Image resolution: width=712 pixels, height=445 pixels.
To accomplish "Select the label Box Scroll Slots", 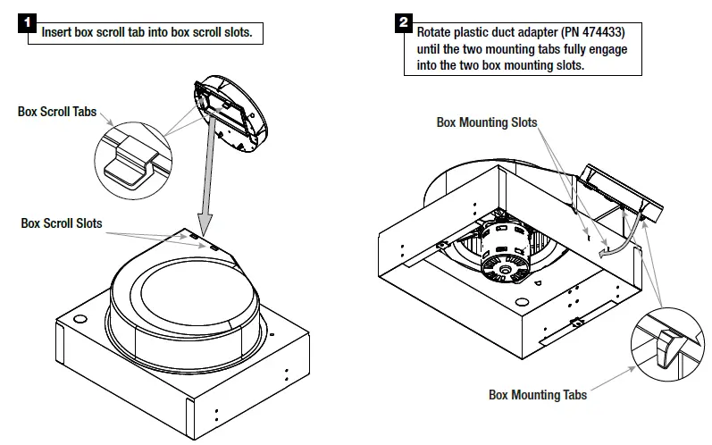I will (62, 223).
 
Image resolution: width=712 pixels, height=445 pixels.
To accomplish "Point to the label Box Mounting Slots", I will (487, 123).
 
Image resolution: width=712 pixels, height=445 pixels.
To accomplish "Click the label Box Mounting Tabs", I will (538, 394).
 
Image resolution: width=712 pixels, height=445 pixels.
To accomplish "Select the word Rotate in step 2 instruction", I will (436, 31).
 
